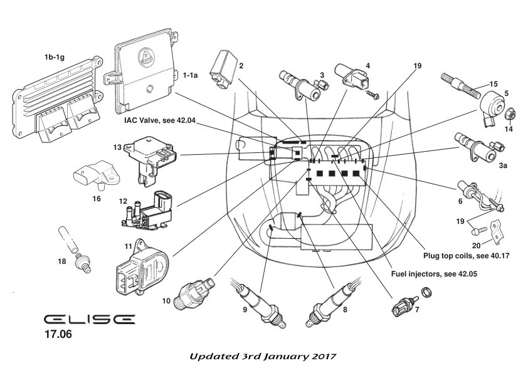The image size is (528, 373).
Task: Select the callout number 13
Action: (117, 148)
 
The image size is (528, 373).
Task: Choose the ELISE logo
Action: (88, 319)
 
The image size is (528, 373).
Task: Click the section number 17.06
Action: (58, 335)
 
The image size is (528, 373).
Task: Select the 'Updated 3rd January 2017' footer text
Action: (263, 356)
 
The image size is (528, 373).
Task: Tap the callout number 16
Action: (96, 199)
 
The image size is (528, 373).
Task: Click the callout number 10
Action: (167, 300)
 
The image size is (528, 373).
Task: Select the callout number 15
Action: (494, 84)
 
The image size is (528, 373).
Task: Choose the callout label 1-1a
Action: (190, 75)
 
